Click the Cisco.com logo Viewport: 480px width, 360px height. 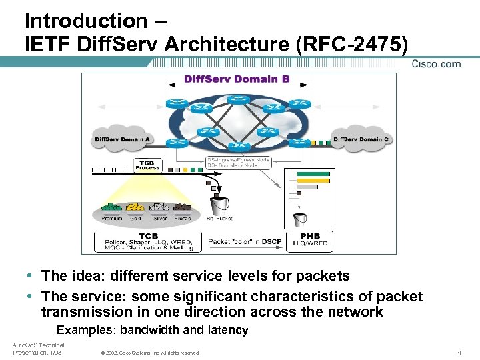436,64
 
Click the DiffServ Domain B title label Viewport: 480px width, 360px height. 237,79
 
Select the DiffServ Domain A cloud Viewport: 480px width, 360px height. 123,140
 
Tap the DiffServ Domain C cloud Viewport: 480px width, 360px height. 361,139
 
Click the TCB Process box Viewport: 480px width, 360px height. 147,165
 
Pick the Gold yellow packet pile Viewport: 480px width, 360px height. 135,207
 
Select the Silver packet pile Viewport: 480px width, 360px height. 159,207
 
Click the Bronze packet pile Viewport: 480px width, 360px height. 182,207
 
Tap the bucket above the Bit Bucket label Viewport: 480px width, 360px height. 218,203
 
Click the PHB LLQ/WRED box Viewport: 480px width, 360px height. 310,239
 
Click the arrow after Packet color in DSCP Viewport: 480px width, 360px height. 286,241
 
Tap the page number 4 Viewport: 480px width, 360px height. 459,352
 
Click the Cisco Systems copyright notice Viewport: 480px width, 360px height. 150,353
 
